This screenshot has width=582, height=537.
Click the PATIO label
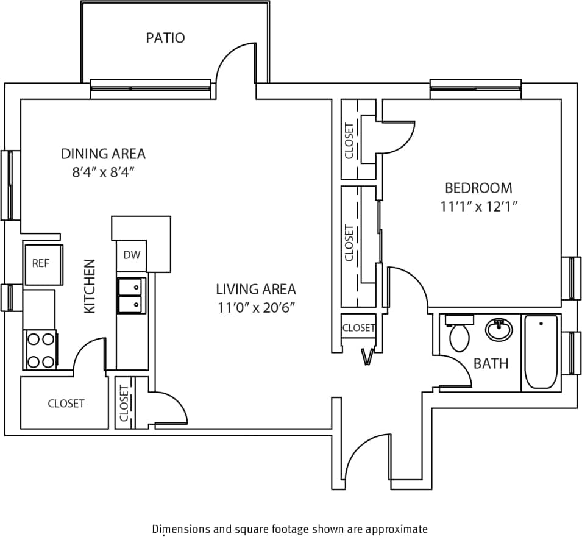(x=165, y=38)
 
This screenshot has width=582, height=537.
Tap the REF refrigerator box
(x=41, y=263)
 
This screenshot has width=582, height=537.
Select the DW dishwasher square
(x=132, y=255)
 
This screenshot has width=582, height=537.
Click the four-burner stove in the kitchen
(x=40, y=349)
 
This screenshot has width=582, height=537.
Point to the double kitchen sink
(x=132, y=295)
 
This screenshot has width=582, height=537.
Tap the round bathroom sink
(x=499, y=330)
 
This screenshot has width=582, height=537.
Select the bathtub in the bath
(x=541, y=352)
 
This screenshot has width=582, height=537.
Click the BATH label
(x=491, y=364)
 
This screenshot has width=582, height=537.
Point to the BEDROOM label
(x=478, y=188)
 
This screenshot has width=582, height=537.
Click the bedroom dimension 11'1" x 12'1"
(x=478, y=207)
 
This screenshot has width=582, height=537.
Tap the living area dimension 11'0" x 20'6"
(x=255, y=307)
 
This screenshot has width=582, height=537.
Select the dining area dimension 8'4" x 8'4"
(x=103, y=172)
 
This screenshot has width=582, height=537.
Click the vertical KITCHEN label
(x=90, y=286)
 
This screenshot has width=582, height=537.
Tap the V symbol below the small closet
(x=367, y=357)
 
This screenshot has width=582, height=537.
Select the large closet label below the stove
(x=66, y=404)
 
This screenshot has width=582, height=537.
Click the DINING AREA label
(x=103, y=153)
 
